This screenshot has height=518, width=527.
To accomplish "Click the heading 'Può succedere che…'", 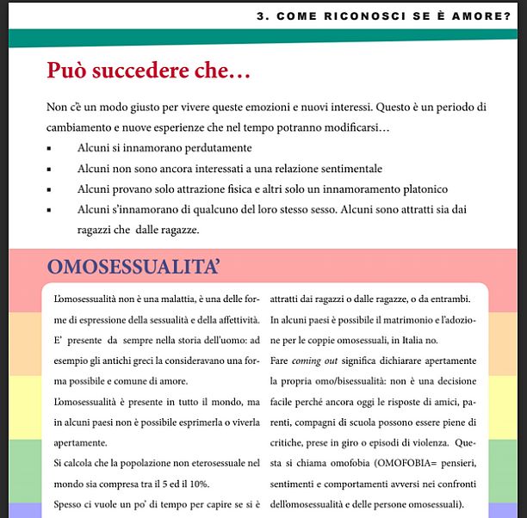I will [148, 71].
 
